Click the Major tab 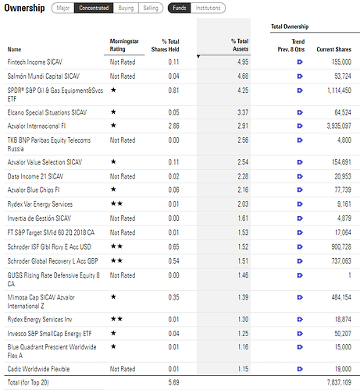(x=63, y=8)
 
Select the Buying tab (x=126, y=8)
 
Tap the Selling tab (x=151, y=8)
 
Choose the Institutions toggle (x=208, y=8)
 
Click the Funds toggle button (x=180, y=8)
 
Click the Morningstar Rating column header (x=124, y=45)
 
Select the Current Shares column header (x=333, y=49)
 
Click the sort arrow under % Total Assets (x=198, y=56)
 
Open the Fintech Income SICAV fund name (x=35, y=62)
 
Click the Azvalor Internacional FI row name (x=37, y=126)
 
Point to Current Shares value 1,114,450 (x=339, y=90)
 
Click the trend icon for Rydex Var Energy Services (x=300, y=204)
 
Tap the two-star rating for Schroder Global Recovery (x=116, y=261)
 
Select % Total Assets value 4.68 (x=243, y=76)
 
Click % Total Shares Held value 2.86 (x=173, y=126)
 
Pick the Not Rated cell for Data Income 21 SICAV (x=123, y=176)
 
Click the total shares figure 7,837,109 (x=339, y=382)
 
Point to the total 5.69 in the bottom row (x=173, y=382)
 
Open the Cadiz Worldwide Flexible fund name (x=38, y=369)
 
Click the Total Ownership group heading (x=290, y=27)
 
